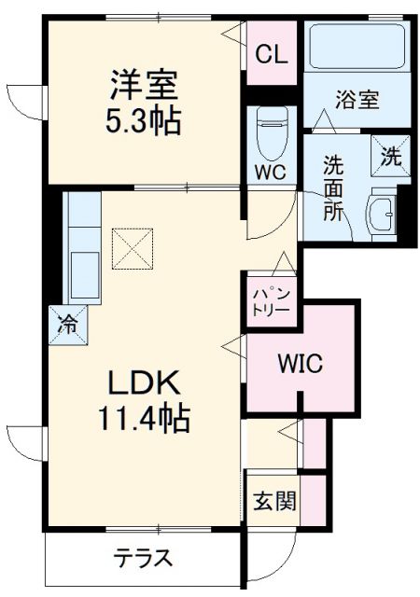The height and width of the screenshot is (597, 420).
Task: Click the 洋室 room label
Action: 141,87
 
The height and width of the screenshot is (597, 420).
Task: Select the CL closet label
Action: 271,52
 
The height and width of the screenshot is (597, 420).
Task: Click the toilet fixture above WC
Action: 272,127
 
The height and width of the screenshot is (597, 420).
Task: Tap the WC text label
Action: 272,173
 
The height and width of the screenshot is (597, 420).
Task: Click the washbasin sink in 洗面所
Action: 383,213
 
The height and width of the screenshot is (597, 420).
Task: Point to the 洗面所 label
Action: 333,187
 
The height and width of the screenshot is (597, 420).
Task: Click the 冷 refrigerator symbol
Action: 68,324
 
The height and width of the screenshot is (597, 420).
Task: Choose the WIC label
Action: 298,364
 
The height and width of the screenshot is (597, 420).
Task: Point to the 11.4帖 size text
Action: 141,419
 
